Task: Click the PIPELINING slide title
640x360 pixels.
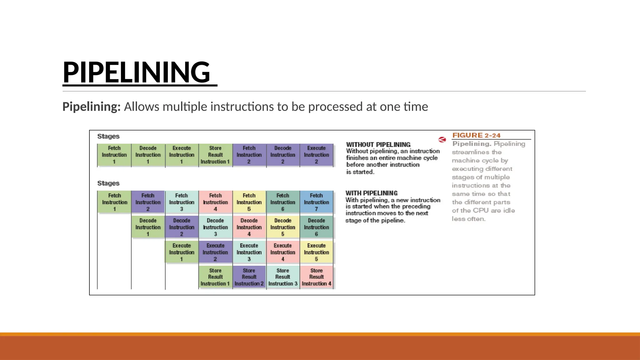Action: (137, 72)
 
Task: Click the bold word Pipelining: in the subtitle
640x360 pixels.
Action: (91, 107)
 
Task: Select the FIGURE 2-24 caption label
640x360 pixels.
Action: (476, 135)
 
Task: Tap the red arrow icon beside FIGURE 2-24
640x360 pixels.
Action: (442, 139)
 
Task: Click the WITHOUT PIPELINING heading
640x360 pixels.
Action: (378, 144)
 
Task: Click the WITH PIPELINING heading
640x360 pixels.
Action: (371, 193)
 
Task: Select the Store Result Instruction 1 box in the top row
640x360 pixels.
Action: (215, 155)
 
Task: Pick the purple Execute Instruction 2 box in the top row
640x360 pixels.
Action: (316, 155)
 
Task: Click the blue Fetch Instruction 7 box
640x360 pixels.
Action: (316, 202)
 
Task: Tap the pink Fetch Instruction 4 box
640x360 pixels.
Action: (215, 202)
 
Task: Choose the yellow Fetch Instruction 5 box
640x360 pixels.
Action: (249, 202)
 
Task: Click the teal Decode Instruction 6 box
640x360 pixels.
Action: (316, 227)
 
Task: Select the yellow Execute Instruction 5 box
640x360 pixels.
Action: (316, 252)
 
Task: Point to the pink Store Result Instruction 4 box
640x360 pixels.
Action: (316, 277)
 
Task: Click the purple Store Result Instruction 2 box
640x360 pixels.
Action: (249, 277)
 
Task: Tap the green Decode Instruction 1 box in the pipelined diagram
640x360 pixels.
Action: (148, 227)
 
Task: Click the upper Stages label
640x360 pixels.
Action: (108, 136)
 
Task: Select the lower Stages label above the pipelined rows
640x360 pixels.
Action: (108, 183)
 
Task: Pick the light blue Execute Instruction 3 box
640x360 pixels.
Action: (249, 252)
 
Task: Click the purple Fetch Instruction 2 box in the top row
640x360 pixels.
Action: (249, 155)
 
